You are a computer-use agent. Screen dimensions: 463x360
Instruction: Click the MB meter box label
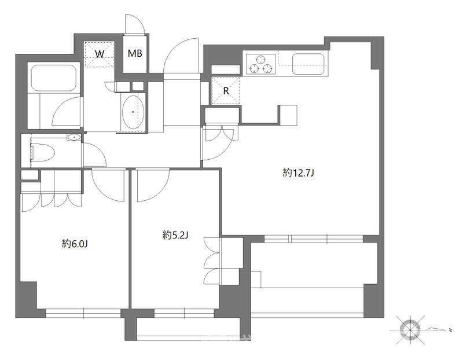(x=135, y=53)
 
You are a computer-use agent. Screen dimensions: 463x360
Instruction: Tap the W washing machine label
(x=100, y=54)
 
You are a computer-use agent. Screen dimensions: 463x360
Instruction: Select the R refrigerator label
(x=226, y=91)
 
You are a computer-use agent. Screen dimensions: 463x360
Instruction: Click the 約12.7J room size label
(x=297, y=172)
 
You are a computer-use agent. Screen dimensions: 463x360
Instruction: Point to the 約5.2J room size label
(x=175, y=235)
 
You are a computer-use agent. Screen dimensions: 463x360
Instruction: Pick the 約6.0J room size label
(x=75, y=244)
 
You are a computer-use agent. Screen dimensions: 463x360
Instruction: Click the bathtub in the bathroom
(x=54, y=78)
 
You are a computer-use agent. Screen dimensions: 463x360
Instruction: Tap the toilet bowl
(x=42, y=152)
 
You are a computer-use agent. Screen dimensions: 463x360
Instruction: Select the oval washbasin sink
(x=133, y=112)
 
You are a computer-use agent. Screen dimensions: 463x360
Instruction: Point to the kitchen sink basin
(x=308, y=64)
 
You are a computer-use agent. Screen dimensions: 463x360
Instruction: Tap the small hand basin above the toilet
(x=74, y=137)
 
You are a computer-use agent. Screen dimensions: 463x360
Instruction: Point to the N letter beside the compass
(x=450, y=329)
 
